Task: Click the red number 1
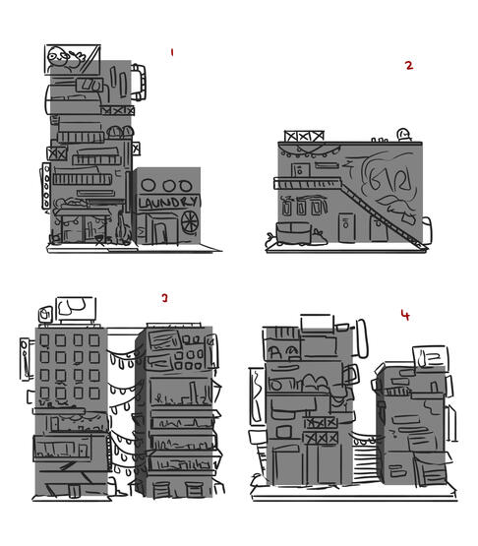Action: click(x=172, y=52)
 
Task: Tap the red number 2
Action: click(x=409, y=65)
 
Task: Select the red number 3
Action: click(x=164, y=298)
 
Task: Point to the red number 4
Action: click(x=405, y=315)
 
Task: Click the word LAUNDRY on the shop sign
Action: click(x=168, y=203)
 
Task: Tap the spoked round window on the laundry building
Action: click(x=190, y=221)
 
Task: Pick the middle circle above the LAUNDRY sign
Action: click(x=169, y=186)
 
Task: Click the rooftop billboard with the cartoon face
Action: click(x=73, y=59)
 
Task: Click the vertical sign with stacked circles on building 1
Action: click(x=46, y=186)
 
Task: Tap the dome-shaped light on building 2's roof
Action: click(x=404, y=135)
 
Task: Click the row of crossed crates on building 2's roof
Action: click(x=304, y=136)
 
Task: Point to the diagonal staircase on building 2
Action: click(x=383, y=213)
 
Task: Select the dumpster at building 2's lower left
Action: click(x=293, y=233)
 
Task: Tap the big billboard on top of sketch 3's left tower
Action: click(x=77, y=309)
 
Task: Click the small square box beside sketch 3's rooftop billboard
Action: click(x=45, y=315)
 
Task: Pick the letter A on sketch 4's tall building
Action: click(x=275, y=353)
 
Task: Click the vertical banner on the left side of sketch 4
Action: click(x=258, y=396)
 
